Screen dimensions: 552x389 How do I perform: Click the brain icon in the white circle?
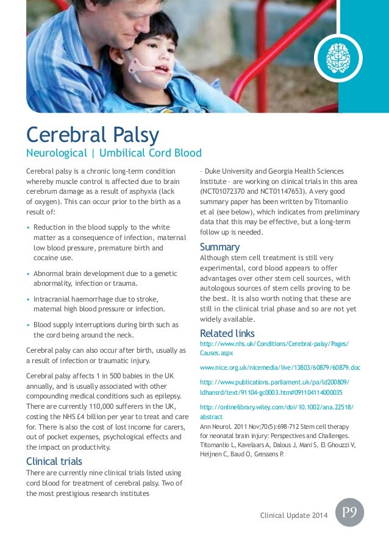[338, 58]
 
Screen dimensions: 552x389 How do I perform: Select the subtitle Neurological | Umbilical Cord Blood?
[113, 152]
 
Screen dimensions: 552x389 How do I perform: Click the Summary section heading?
[219, 247]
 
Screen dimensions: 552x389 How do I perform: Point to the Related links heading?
[227, 333]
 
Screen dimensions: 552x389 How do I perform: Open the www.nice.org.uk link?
[280, 369]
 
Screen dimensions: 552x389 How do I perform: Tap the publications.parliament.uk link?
[275, 382]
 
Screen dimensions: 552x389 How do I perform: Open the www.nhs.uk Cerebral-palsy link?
[274, 344]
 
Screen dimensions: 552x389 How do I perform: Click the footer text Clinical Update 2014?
[293, 516]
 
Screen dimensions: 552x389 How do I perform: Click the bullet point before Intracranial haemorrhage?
[29, 299]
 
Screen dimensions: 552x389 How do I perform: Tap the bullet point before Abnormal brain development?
[29, 274]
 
